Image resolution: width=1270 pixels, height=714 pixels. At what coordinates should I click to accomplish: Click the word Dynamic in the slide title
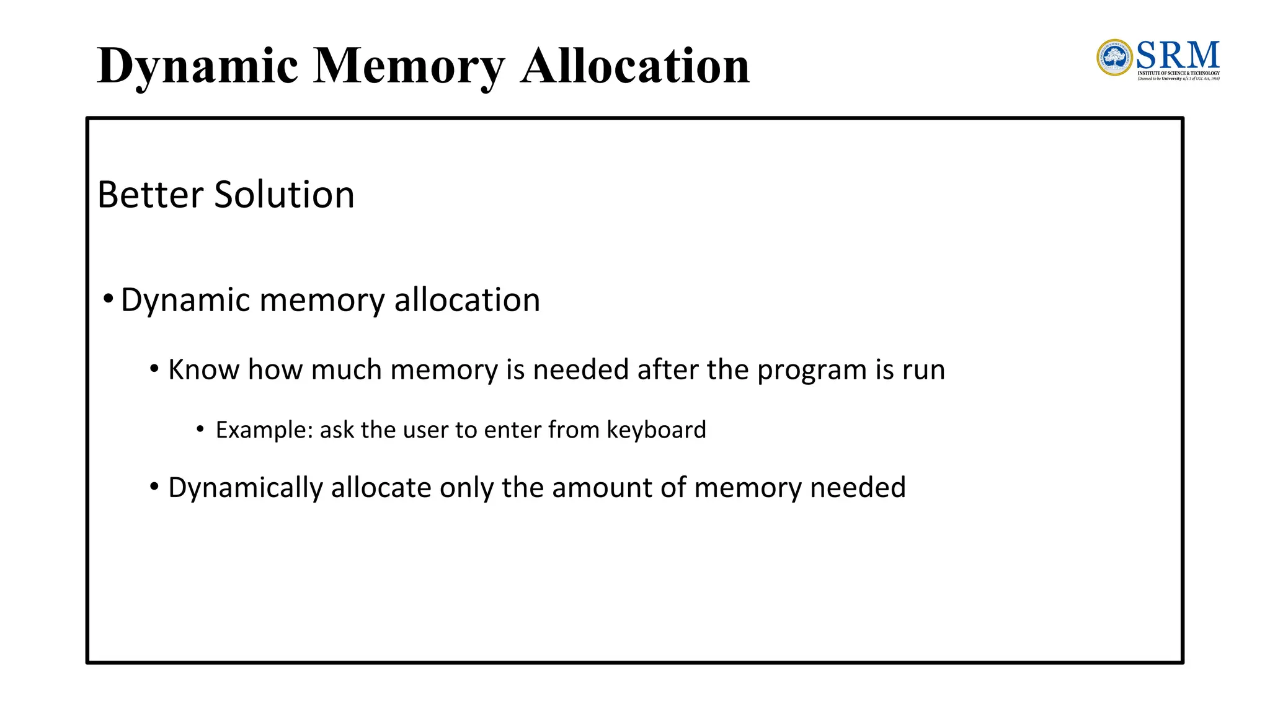197,66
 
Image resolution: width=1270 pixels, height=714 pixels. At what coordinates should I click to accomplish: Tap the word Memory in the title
409,66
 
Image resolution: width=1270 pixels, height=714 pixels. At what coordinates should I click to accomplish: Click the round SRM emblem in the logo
1114,58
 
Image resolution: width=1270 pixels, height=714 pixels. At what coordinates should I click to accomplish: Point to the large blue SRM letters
1178,55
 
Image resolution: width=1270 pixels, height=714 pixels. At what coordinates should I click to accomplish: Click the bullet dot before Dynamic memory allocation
109,299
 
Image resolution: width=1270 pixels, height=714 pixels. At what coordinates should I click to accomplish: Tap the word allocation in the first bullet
467,300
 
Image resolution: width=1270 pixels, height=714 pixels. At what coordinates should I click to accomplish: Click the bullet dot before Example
200,429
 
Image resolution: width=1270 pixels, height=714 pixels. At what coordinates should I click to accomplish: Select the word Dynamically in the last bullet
246,488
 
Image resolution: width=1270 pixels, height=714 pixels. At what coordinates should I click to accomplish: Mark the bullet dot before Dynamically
154,487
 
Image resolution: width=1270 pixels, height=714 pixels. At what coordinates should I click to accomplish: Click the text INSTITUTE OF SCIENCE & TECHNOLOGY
1178,73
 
